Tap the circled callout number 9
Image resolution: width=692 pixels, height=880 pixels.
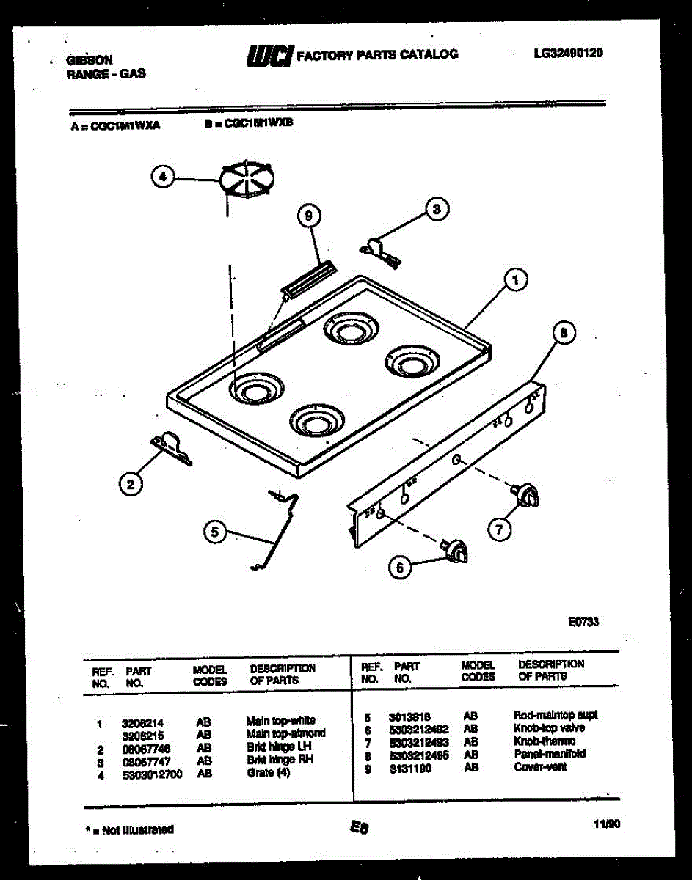309,216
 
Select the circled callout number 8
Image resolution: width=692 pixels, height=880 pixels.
563,334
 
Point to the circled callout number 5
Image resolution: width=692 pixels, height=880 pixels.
214,533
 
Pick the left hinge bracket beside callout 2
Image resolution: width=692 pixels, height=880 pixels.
171,447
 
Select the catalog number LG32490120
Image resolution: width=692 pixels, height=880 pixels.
569,53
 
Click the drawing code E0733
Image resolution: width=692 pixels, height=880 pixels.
583,623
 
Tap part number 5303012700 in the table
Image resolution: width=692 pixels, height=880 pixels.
153,773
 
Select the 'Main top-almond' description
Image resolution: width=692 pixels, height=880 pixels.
285,733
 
